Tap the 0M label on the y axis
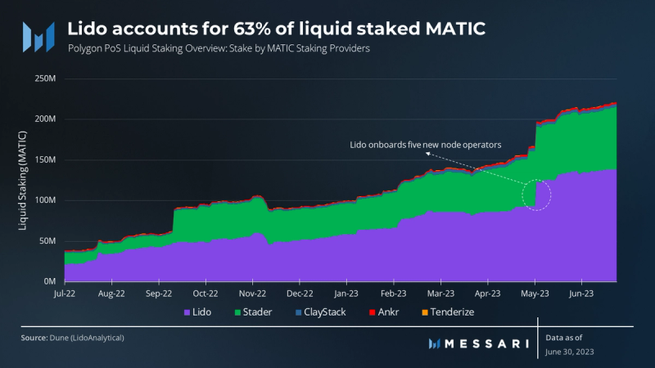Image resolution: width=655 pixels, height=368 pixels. pos(48,280)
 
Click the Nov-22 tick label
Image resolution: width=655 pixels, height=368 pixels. pos(253,292)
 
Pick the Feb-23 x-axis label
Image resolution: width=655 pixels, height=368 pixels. pos(394,292)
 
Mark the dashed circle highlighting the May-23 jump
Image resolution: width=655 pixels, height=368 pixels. pos(536,195)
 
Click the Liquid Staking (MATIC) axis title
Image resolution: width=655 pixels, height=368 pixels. pos(22,180)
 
